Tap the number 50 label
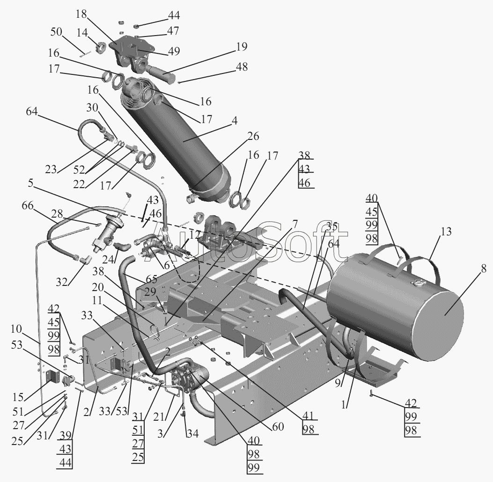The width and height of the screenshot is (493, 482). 56,32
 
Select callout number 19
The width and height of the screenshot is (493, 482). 242,46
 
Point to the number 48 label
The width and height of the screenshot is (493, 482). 242,66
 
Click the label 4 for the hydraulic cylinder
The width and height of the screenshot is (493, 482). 234,121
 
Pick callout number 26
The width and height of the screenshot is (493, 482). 253,136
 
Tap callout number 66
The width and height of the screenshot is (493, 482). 28,206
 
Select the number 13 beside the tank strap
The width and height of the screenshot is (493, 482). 446,232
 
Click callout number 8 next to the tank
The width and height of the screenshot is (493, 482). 483,269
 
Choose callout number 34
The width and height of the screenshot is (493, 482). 193,434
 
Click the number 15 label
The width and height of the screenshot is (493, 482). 18,397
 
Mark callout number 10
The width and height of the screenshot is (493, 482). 16,329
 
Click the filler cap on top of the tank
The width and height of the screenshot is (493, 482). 419,285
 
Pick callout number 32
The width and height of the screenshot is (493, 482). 62,282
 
